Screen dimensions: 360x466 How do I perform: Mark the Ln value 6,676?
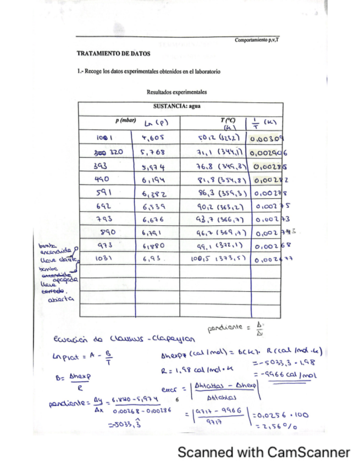tap(153, 219)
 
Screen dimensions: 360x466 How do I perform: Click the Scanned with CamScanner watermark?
tap(263, 452)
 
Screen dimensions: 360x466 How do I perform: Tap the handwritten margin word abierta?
tap(60, 299)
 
